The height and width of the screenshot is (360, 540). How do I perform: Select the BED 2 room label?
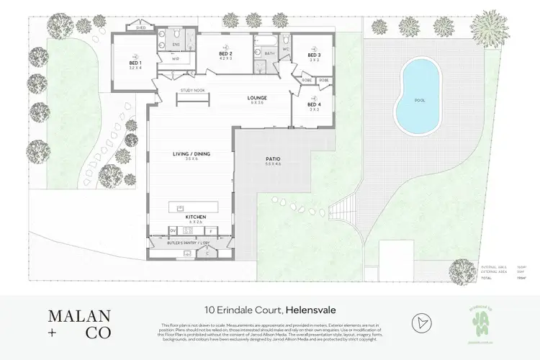point(225,54)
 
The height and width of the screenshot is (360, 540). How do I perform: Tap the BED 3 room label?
point(313,55)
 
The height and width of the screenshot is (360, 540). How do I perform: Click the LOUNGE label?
point(257,98)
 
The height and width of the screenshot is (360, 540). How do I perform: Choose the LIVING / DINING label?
point(190,153)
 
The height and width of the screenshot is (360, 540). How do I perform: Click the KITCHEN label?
point(197,216)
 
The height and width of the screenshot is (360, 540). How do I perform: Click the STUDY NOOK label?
point(193,91)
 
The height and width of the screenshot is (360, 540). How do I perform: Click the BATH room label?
point(269,53)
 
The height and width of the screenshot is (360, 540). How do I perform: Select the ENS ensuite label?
point(174,44)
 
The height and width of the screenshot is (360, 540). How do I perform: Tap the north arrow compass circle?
point(421,322)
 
